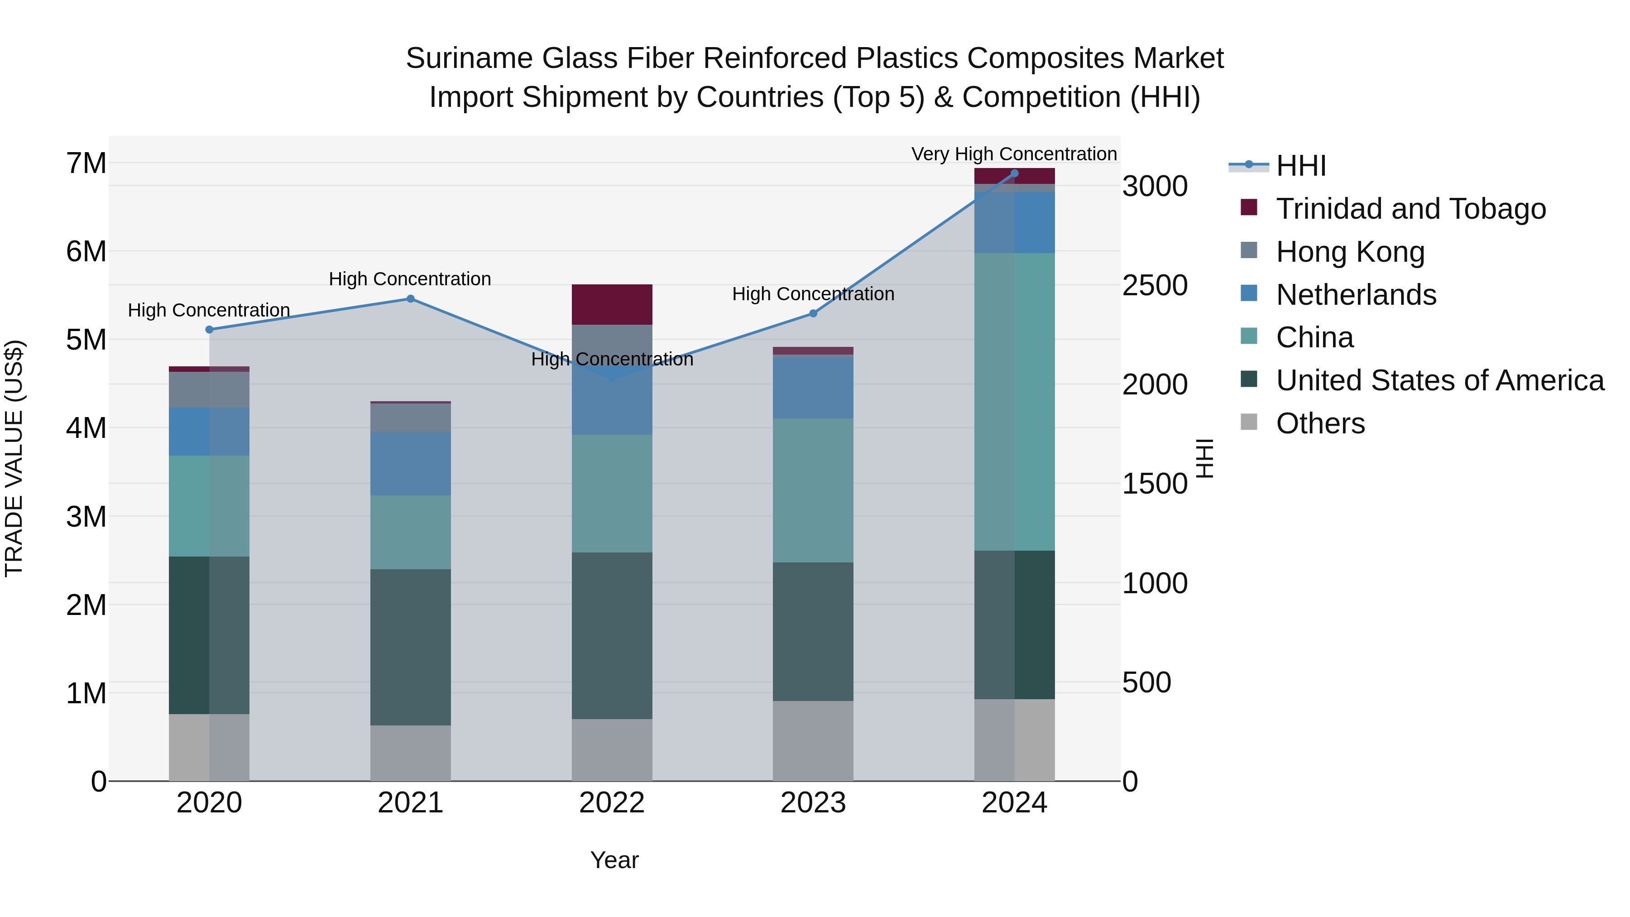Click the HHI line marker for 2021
(x=410, y=299)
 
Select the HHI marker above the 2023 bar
(x=813, y=313)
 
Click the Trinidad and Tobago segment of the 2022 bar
(x=612, y=304)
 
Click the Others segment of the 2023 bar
(x=813, y=740)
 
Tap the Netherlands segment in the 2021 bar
(x=410, y=463)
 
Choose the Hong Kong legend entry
(x=1350, y=252)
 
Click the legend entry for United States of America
(x=1439, y=380)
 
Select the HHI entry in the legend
(x=1300, y=166)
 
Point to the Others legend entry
(x=1320, y=423)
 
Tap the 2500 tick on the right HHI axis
(x=1155, y=285)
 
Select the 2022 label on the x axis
(x=612, y=803)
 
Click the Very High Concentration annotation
(x=1014, y=154)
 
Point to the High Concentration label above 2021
(x=410, y=279)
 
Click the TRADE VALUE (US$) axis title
(x=14, y=458)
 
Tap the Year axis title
(x=614, y=860)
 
